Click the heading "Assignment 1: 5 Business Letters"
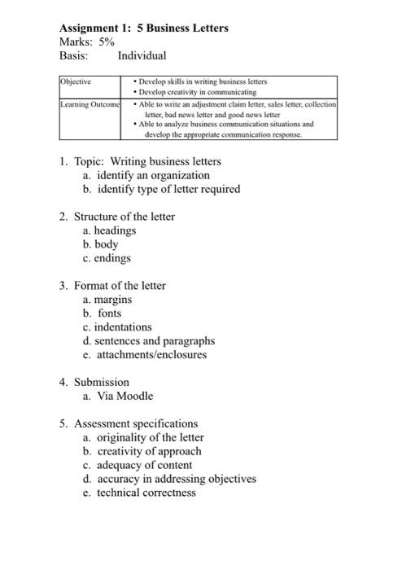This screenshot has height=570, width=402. tap(143, 28)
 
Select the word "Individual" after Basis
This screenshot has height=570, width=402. tap(142, 56)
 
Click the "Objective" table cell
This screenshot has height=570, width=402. tap(76, 82)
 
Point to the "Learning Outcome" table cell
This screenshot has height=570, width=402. tap(90, 105)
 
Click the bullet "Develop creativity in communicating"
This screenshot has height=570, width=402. tap(203, 94)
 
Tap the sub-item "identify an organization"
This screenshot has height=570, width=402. tap(153, 175)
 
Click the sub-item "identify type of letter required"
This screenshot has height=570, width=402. tap(168, 189)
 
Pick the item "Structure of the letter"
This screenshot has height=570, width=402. tap(125, 217)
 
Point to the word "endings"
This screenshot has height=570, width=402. tap(112, 258)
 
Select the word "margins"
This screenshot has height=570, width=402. tap(114, 300)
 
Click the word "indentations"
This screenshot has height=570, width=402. tap(124, 327)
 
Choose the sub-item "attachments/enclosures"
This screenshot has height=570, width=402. tap(151, 355)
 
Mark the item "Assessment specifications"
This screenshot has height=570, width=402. tap(136, 423)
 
